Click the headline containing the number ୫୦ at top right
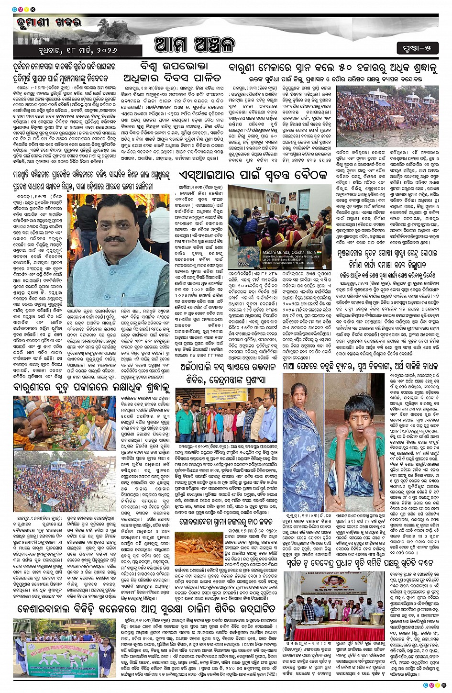coord(333,68)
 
